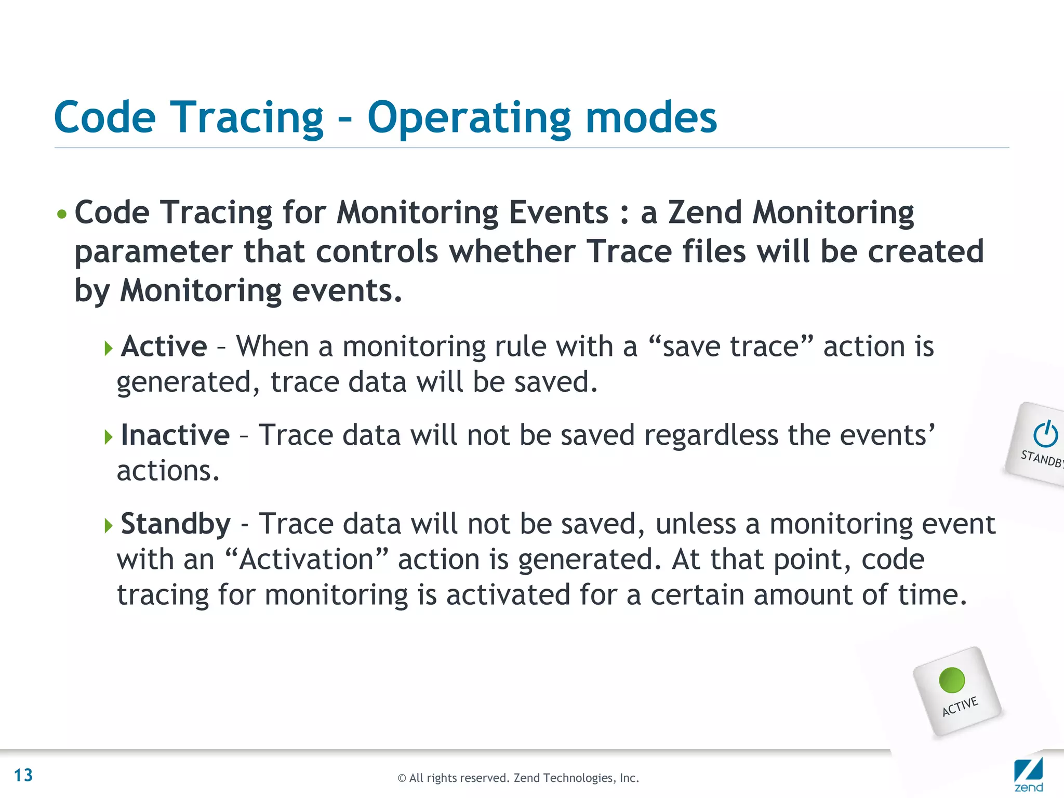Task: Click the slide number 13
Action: pos(23,775)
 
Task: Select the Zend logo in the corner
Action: pos(1028,774)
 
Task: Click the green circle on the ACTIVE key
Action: pos(952,680)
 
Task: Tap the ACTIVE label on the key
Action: pos(960,707)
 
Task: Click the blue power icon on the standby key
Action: pos(1045,434)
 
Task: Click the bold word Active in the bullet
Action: pos(164,347)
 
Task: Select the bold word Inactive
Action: pos(175,435)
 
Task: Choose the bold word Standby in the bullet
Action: pos(176,524)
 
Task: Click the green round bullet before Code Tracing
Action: pos(62,214)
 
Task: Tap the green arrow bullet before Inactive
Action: pos(108,436)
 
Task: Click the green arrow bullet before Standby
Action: pos(108,525)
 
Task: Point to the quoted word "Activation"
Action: pos(307,560)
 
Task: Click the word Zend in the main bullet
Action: pos(704,212)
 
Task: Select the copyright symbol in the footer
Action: pos(402,778)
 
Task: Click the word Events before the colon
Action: pos(558,212)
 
